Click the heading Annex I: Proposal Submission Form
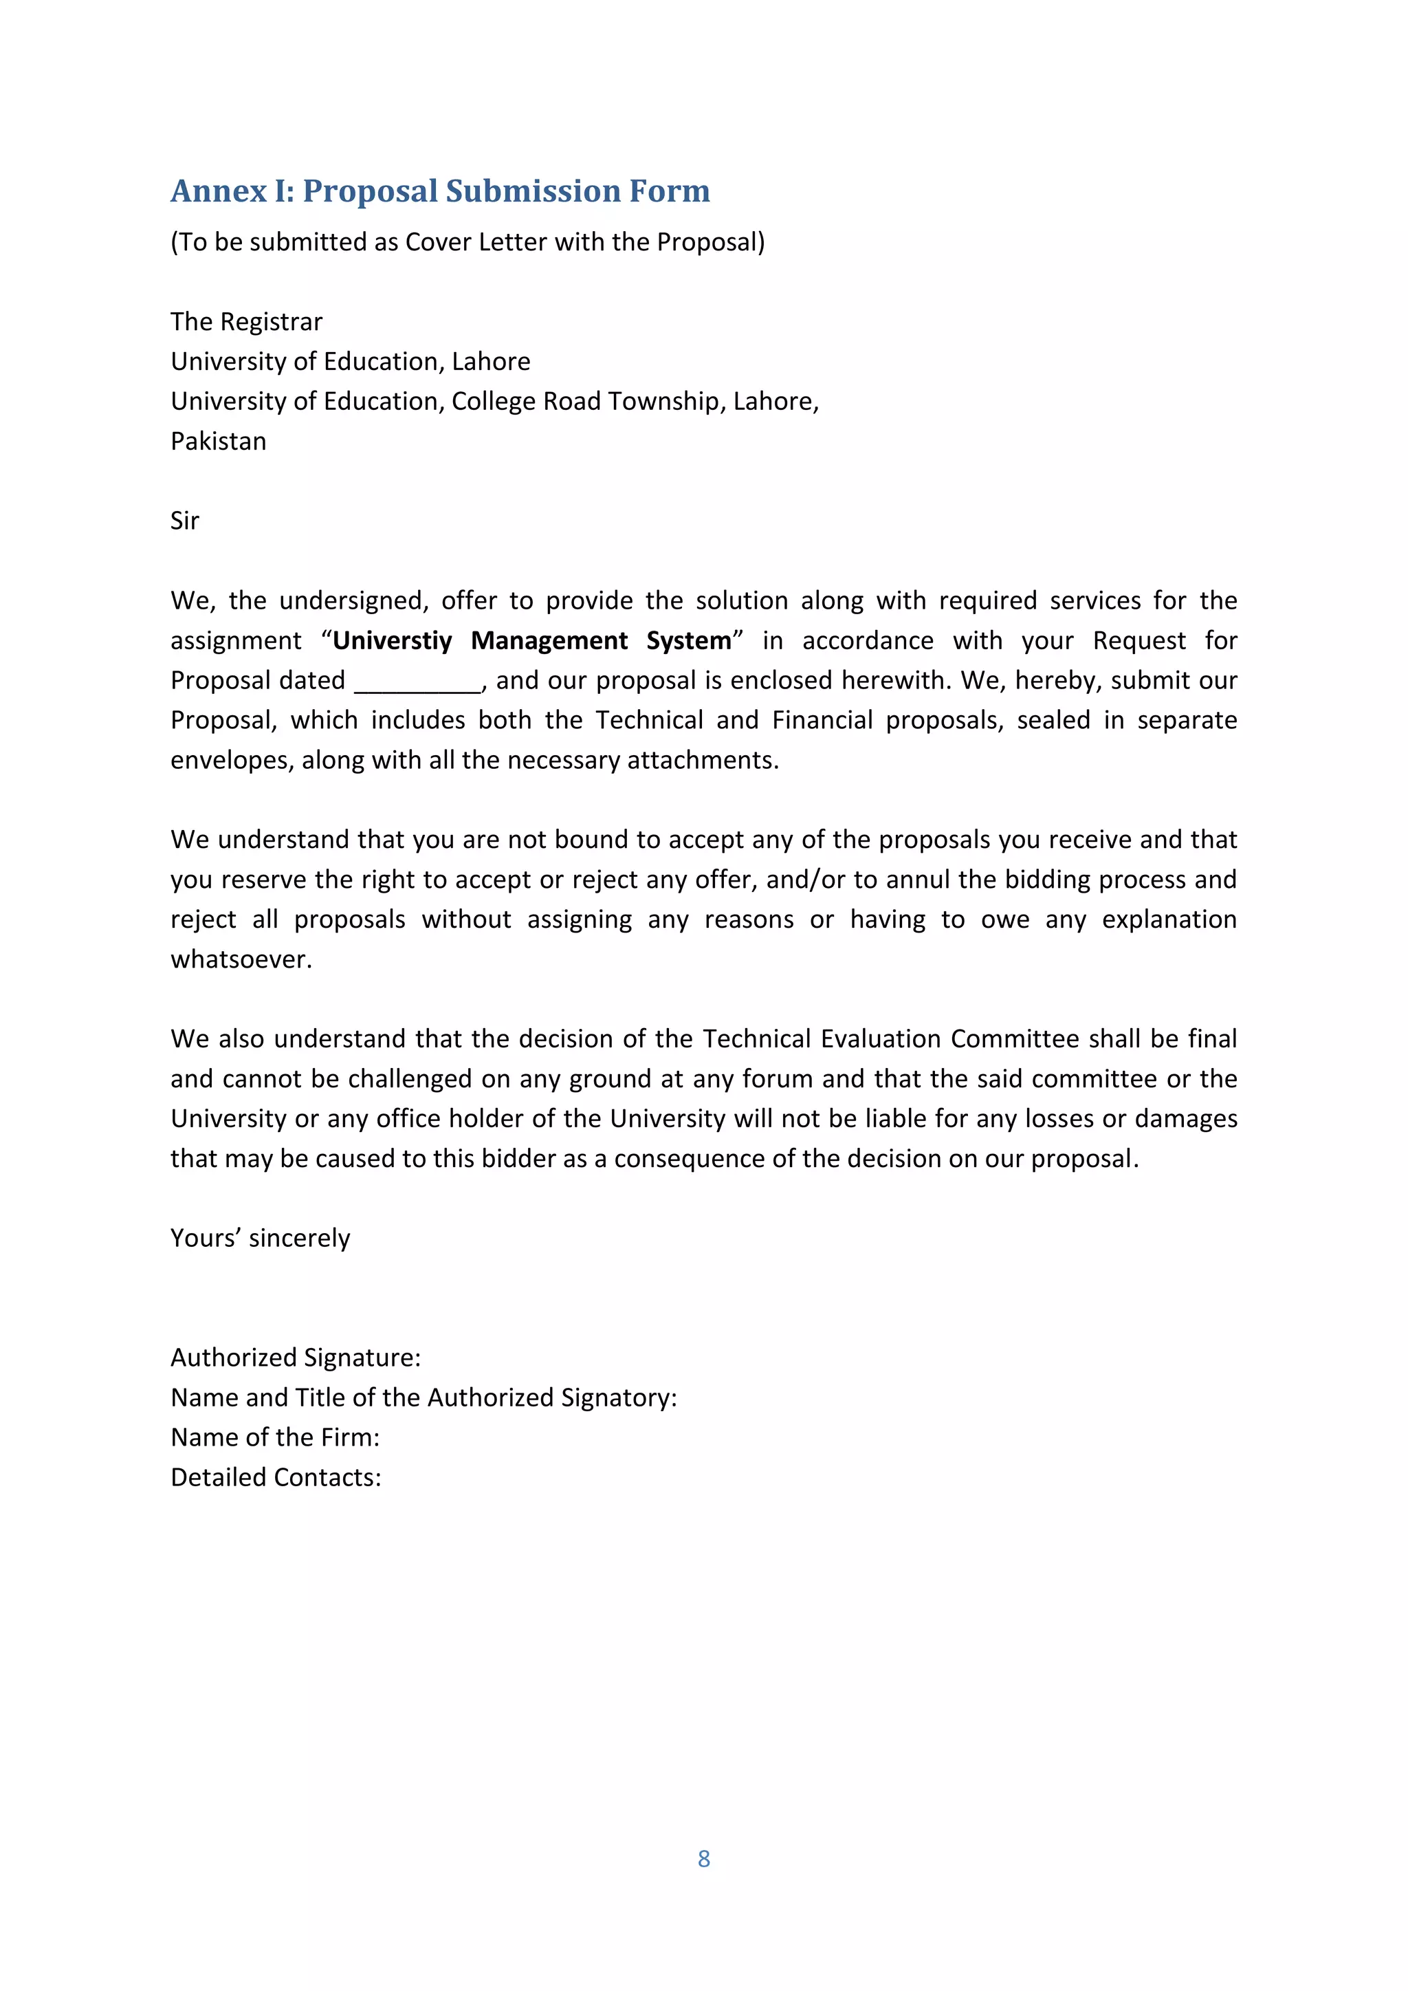click(x=439, y=191)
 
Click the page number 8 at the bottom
click(x=703, y=1858)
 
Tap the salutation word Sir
click(x=185, y=521)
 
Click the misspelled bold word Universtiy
click(x=392, y=641)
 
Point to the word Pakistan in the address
click(x=219, y=442)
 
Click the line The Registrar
click(x=246, y=322)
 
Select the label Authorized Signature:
click(x=296, y=1357)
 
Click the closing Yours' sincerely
click(x=260, y=1237)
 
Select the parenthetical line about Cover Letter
click(x=467, y=242)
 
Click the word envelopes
click(x=230, y=761)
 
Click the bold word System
click(x=688, y=641)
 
